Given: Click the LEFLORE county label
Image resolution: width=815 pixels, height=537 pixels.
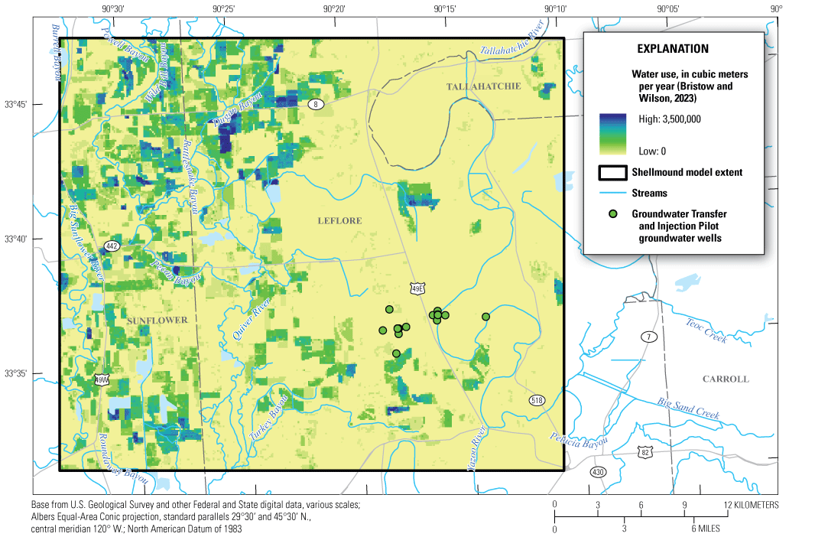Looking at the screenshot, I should [339, 221].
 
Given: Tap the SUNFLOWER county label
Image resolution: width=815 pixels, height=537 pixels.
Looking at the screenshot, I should [157, 321].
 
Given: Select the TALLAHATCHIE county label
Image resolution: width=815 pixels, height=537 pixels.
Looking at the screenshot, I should [483, 86].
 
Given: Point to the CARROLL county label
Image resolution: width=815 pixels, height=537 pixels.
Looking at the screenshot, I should [726, 379].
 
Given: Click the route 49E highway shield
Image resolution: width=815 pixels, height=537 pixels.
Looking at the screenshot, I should [417, 288].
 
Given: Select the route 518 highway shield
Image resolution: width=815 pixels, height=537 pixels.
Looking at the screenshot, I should [537, 401].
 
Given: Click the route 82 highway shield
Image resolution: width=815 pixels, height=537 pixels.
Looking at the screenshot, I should [646, 454].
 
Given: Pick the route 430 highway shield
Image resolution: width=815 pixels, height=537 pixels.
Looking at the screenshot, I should [597, 472].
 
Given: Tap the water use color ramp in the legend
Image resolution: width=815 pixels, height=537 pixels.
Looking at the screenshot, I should [613, 134].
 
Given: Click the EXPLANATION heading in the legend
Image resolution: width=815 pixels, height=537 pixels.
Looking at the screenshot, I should [673, 48].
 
